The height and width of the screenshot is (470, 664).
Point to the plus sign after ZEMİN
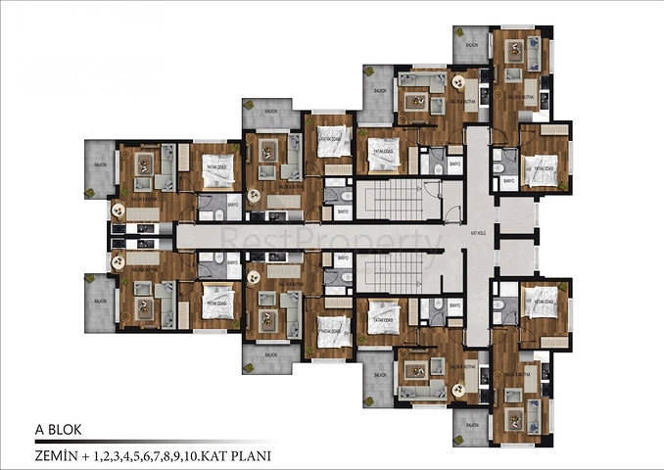pyautogui.click(x=89, y=455)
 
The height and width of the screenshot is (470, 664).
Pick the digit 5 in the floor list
pyautogui.click(x=136, y=455)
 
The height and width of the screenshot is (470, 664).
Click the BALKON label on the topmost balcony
pyautogui.click(x=472, y=44)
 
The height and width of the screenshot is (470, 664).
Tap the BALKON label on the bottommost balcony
pyautogui.click(x=472, y=426)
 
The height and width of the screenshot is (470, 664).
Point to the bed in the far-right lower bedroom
pyautogui.click(x=541, y=303)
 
